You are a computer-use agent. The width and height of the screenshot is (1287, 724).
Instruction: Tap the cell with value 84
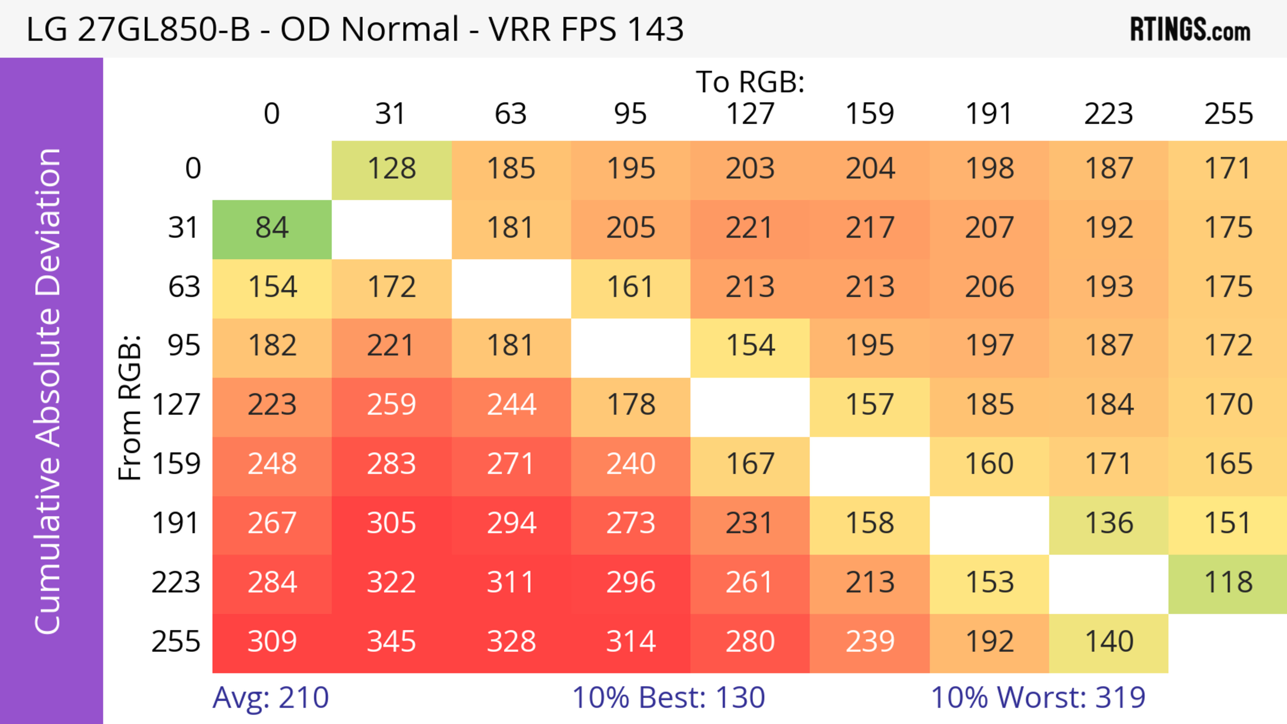pyautogui.click(x=272, y=228)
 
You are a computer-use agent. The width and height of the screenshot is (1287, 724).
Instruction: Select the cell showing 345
pyautogui.click(x=391, y=642)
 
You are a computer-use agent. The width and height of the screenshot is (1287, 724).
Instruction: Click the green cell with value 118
pyautogui.click(x=1228, y=583)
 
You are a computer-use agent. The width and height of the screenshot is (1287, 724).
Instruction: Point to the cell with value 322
pyautogui.click(x=391, y=583)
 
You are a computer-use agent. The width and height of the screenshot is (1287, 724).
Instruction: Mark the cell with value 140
pyautogui.click(x=1109, y=642)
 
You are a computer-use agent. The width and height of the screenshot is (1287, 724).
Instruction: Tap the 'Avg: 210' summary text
pyautogui.click(x=270, y=698)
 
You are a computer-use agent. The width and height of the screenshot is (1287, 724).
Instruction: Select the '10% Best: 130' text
pyautogui.click(x=669, y=698)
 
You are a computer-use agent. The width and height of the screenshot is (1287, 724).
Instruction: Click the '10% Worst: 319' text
pyautogui.click(x=1038, y=698)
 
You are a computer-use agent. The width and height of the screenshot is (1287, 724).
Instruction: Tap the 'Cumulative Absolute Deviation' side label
pyautogui.click(x=49, y=391)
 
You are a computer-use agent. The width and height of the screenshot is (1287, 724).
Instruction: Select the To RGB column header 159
pyautogui.click(x=869, y=114)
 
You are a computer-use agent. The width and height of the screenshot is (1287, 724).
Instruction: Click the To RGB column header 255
pyautogui.click(x=1228, y=114)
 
